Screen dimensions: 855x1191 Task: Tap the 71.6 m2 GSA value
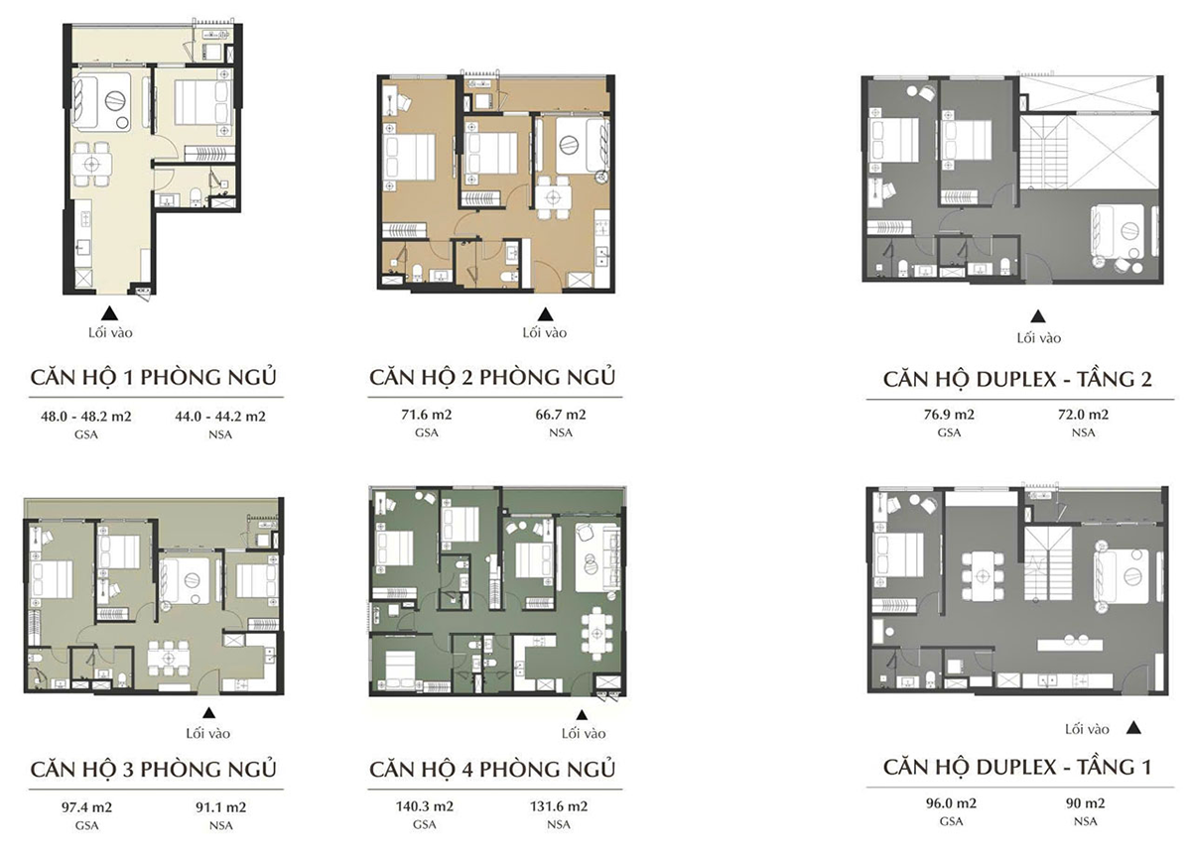[424, 415]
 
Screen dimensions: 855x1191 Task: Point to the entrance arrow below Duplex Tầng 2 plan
[1038, 317]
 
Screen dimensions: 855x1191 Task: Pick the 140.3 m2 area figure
[424, 805]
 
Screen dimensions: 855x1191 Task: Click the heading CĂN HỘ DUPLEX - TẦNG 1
[1017, 769]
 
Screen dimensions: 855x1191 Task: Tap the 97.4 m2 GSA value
[87, 805]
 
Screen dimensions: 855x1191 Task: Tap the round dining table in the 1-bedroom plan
[92, 165]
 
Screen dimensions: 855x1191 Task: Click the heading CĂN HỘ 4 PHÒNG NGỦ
[492, 769]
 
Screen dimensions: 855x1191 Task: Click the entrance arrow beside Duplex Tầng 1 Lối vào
[1134, 728]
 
